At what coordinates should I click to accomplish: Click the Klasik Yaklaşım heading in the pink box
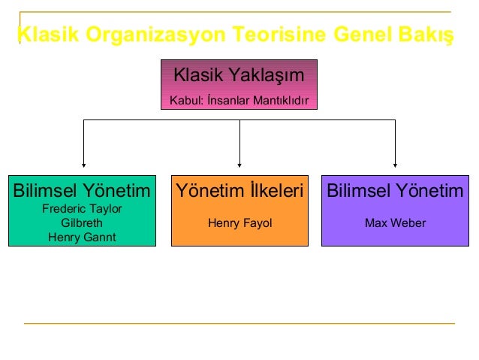tap(239, 75)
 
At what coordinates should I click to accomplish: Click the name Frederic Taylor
tap(82, 208)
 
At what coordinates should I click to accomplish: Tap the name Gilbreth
tap(82, 222)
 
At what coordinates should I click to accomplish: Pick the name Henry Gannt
tap(82, 237)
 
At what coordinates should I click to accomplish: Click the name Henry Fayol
tap(239, 222)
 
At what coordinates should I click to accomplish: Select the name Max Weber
tap(395, 222)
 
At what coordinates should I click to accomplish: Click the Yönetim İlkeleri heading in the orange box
tap(239, 190)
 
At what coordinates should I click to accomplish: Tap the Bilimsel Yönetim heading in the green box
tap(82, 190)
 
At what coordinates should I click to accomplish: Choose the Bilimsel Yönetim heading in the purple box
tap(395, 190)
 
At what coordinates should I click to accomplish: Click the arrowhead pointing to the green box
tap(83, 162)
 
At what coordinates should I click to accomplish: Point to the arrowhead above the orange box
tap(239, 162)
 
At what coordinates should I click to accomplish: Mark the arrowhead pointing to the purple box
tap(395, 162)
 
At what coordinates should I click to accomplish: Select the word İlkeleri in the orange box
tap(276, 190)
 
